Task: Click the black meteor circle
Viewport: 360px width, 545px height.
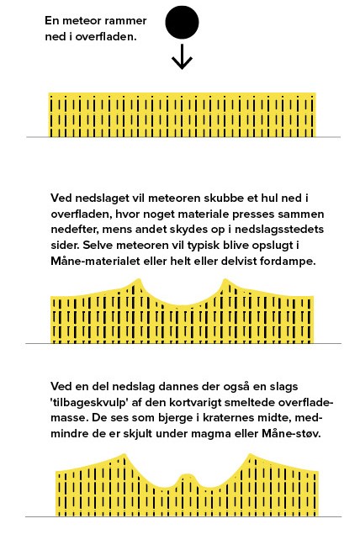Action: (x=182, y=23)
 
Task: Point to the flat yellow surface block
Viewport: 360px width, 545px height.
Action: (x=182, y=115)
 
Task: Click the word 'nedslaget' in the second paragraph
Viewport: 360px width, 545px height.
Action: (x=100, y=198)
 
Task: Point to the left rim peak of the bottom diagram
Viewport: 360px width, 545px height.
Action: (x=124, y=459)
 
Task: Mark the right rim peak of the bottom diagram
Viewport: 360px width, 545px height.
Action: (x=251, y=459)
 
